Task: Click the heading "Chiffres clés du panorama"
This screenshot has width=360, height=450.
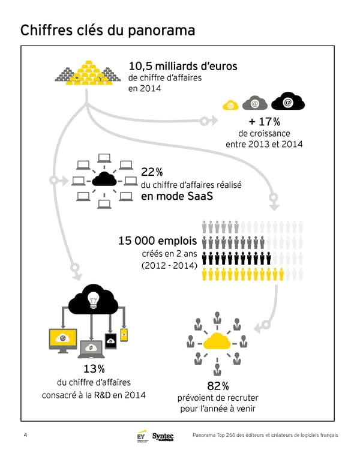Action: point(107,31)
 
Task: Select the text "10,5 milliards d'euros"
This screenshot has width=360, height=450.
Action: point(183,66)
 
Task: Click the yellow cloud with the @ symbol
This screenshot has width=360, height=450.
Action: point(231,104)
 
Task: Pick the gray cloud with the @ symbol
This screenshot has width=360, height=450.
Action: point(255,103)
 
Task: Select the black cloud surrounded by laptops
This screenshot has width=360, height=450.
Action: point(104,179)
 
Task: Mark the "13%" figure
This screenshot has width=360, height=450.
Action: point(94,368)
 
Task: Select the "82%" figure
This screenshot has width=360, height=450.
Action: point(217,385)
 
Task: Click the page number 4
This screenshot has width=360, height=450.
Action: point(25,434)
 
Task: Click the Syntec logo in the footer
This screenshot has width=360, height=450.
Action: point(163,435)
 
